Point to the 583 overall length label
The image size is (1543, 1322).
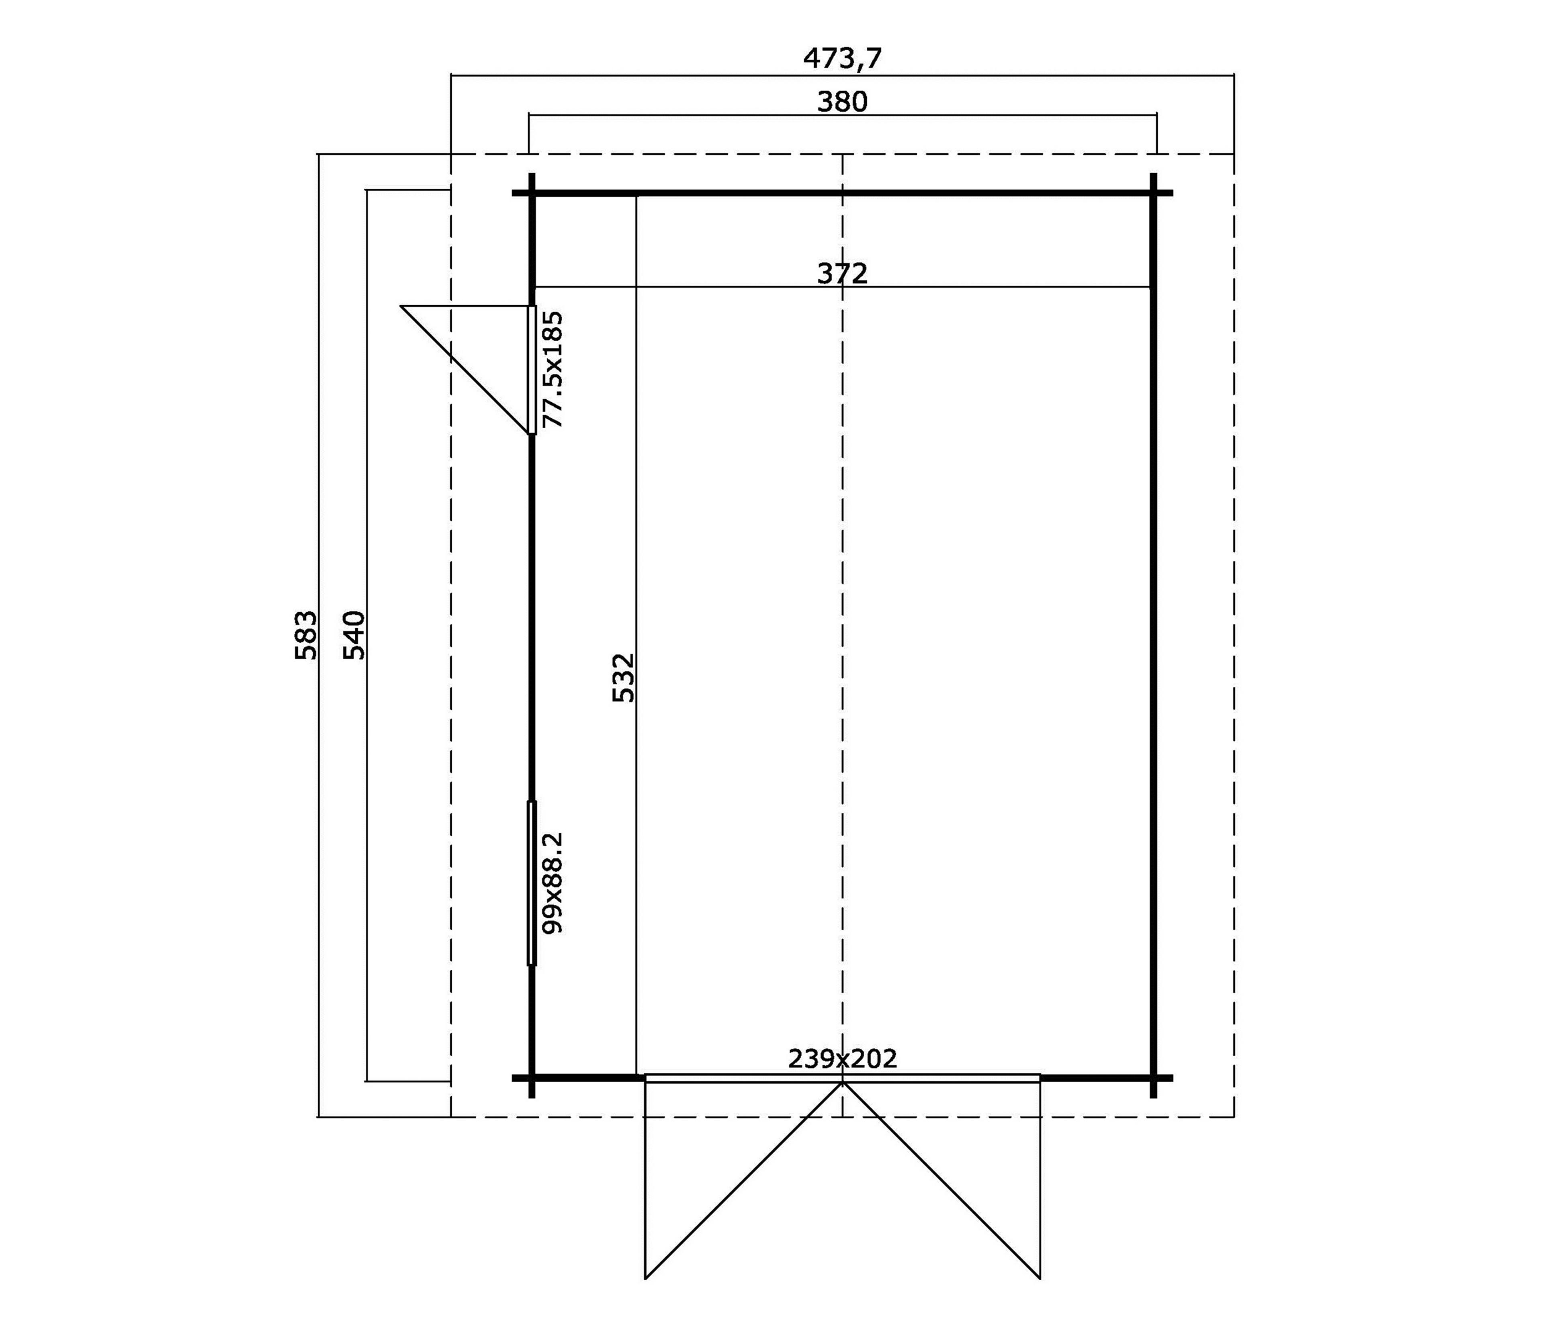(x=306, y=635)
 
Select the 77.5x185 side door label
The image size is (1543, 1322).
(x=552, y=369)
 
